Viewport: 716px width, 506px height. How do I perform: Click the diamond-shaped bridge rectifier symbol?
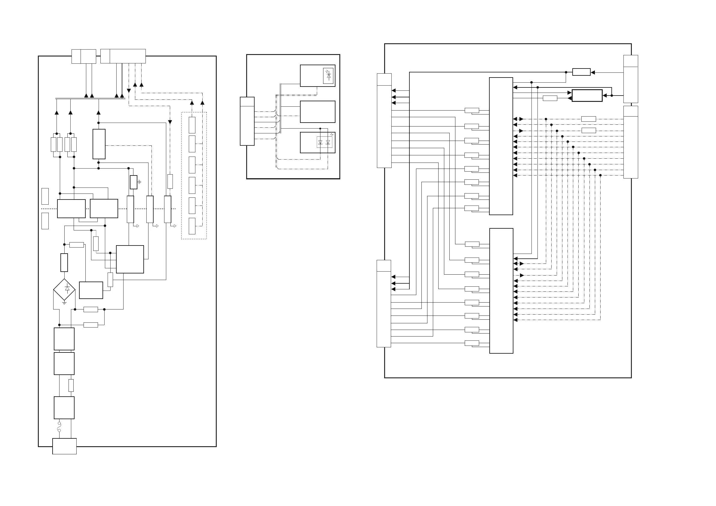point(64,290)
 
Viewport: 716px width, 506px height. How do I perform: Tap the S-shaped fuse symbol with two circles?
point(59,427)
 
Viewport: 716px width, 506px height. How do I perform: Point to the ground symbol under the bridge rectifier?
point(64,303)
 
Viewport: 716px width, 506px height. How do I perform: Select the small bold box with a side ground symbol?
point(133,182)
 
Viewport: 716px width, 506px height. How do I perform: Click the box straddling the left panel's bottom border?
point(64,446)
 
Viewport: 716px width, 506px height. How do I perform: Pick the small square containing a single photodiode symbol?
point(328,76)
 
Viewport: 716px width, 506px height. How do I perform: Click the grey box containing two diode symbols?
point(324,142)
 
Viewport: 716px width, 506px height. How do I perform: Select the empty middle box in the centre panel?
point(317,111)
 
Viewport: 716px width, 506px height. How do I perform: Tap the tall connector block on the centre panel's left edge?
point(247,121)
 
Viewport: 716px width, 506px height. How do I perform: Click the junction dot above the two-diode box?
point(320,128)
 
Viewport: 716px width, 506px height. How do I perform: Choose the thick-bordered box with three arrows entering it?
point(587,96)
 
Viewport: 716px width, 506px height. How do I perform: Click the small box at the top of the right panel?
point(581,72)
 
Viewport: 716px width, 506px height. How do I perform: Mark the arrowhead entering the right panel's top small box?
point(593,72)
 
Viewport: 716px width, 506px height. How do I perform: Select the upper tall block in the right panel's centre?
point(501,146)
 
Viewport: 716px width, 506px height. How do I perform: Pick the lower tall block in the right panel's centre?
point(501,291)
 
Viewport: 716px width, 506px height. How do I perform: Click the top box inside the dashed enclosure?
point(192,125)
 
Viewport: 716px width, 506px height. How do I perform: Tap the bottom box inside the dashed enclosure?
point(192,226)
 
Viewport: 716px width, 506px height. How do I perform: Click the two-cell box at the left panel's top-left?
point(84,56)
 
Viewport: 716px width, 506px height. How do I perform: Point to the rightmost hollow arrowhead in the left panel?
point(175,226)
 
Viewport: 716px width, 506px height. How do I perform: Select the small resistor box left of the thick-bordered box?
point(550,98)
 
